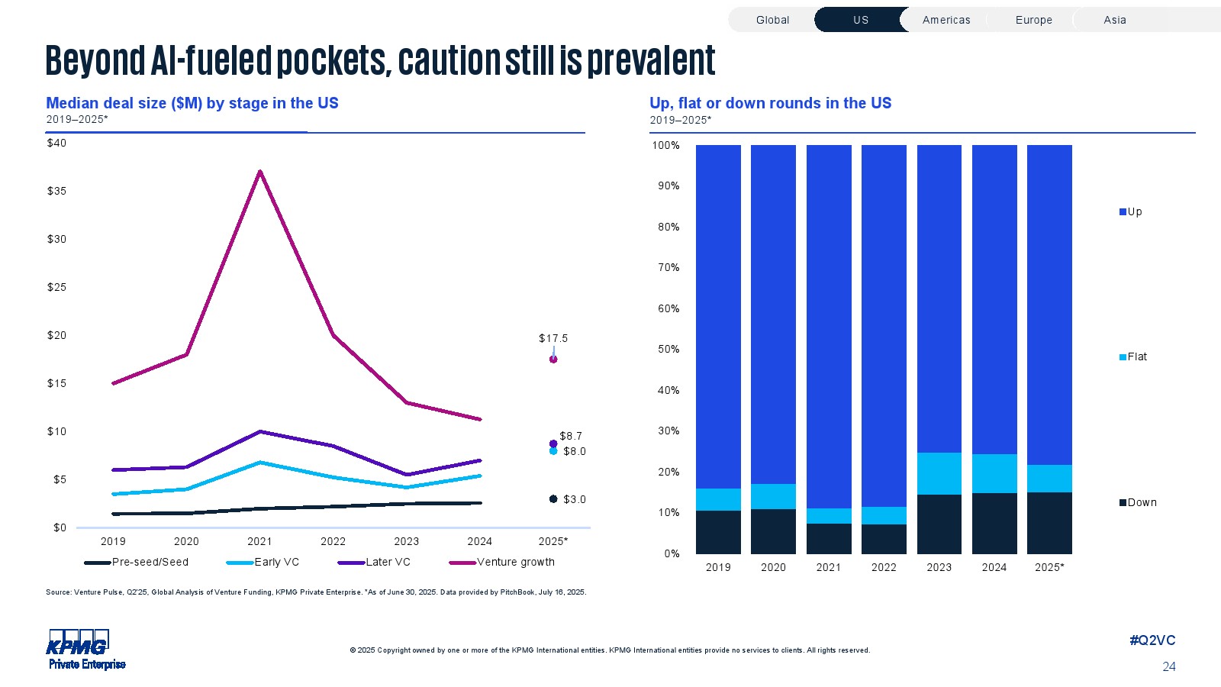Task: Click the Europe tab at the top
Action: tap(1033, 20)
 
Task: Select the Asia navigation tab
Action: tap(1114, 20)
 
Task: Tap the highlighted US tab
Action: tap(860, 20)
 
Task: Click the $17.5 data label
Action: tap(553, 338)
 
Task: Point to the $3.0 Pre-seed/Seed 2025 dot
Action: tap(553, 499)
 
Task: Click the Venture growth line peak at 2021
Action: tap(260, 172)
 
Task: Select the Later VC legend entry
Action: tap(375, 563)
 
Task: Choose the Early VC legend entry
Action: tap(263, 563)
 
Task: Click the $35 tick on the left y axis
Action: tap(56, 191)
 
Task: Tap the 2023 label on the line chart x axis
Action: tap(406, 541)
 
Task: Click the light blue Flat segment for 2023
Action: tap(939, 473)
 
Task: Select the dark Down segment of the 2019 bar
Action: tap(718, 532)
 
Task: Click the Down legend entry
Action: tap(1138, 502)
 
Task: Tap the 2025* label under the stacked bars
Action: tap(1049, 567)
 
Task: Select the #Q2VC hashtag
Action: tap(1152, 640)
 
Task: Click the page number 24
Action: tap(1168, 666)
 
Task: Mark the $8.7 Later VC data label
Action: tap(571, 436)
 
